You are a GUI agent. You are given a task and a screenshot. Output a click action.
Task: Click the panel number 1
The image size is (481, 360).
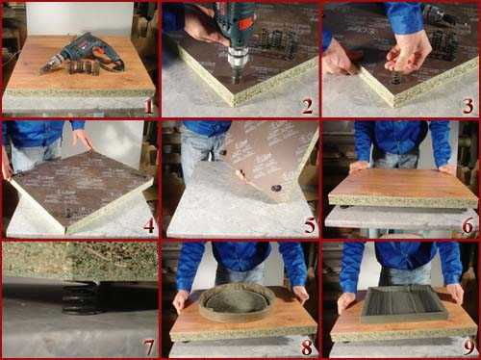(148, 106)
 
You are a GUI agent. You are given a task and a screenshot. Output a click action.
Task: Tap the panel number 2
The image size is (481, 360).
(307, 106)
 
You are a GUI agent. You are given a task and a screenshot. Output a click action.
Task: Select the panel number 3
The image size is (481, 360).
(468, 106)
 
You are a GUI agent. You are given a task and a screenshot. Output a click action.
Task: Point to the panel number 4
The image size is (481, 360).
(148, 225)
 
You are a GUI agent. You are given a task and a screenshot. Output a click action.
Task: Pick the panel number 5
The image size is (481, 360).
(310, 225)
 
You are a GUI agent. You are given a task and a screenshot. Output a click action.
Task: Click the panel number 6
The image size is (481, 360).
(468, 225)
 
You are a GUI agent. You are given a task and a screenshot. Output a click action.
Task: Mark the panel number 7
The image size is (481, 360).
(148, 347)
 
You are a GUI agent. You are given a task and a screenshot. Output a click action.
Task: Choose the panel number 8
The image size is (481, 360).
(307, 347)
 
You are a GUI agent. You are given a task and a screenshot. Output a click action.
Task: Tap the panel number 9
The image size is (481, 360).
(468, 347)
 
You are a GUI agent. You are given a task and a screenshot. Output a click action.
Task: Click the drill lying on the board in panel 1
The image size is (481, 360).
(82, 55)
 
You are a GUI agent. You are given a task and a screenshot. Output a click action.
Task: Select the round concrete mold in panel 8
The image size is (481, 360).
(238, 302)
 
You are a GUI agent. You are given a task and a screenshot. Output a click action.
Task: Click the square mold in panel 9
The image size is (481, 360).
(404, 303)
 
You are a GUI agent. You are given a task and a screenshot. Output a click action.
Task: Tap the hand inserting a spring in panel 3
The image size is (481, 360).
(409, 51)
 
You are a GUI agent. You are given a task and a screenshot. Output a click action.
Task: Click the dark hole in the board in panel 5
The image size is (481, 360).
(275, 188)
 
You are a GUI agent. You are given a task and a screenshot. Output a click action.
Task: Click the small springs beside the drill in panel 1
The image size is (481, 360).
(85, 67)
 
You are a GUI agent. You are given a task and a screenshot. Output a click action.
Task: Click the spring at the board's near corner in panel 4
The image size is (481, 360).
(69, 212)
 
